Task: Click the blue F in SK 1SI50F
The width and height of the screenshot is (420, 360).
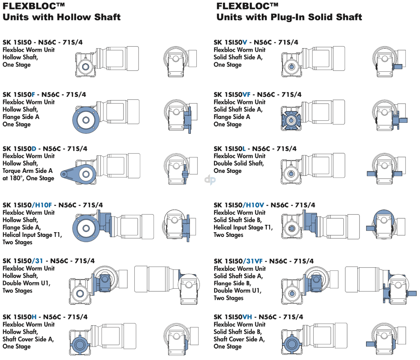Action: (x=33, y=94)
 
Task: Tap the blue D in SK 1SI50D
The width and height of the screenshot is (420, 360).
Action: (x=34, y=148)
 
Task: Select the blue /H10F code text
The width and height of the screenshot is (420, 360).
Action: (x=42, y=205)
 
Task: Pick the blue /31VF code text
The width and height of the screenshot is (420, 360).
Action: (x=253, y=261)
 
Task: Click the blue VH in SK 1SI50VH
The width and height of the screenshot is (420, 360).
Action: (x=247, y=317)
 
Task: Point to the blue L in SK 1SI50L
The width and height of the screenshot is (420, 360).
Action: (x=244, y=148)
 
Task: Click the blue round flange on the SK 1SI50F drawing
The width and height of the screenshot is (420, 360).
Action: (x=86, y=120)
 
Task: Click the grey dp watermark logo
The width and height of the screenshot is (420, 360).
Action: (x=210, y=180)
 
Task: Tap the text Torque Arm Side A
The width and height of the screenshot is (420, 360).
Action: (x=27, y=171)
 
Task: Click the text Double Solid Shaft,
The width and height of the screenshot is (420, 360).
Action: (x=239, y=163)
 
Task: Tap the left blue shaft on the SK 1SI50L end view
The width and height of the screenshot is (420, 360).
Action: (x=372, y=174)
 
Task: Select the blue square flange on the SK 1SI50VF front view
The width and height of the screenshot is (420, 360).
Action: (x=291, y=120)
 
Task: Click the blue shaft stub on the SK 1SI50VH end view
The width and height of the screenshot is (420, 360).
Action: (x=371, y=344)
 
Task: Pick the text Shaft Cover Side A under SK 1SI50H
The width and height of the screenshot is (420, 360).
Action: (x=28, y=339)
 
